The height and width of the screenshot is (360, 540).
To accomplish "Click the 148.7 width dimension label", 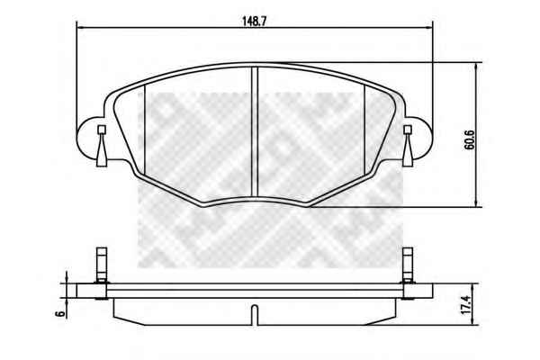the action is pyautogui.click(x=255, y=22).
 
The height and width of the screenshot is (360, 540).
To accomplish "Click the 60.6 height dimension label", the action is pyautogui.click(x=469, y=139).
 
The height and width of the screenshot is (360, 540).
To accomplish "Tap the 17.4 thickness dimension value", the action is pyautogui.click(x=465, y=304).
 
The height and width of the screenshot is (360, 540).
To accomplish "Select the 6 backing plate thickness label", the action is pyautogui.click(x=60, y=313).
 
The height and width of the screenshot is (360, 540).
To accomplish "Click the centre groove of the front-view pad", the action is pyautogui.click(x=255, y=132).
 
